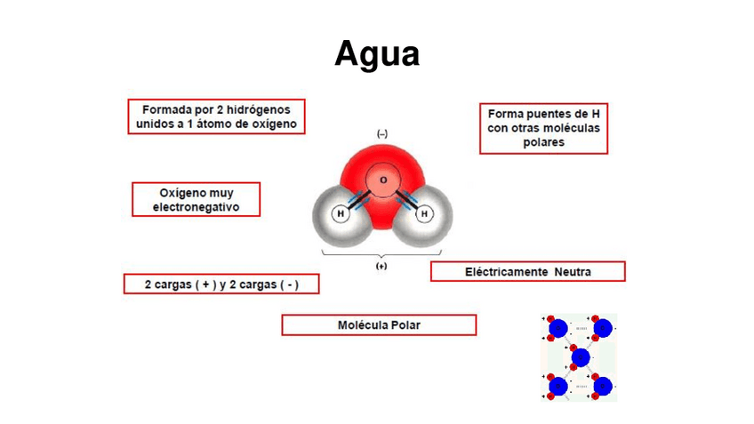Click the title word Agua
377,54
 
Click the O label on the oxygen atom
383,180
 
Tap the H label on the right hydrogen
424,214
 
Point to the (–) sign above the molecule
382,133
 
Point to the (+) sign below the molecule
381,266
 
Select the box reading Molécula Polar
379,325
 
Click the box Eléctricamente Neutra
528,271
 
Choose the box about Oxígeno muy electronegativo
197,199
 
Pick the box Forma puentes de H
543,128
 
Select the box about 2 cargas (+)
221,284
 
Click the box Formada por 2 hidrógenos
216,116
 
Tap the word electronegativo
197,207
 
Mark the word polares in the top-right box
544,141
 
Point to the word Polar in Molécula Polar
404,325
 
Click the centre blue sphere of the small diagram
581,357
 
